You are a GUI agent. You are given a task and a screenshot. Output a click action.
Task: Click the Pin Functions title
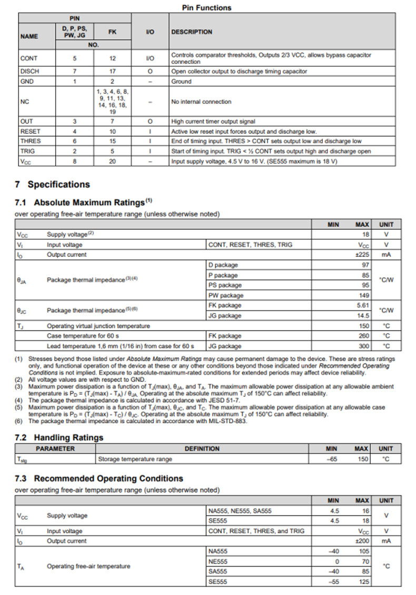tap(206, 7)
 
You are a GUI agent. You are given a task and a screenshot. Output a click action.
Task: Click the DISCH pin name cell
tap(29, 71)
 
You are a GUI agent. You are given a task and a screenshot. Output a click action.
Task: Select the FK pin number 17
tap(112, 71)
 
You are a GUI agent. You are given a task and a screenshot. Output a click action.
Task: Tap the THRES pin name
tap(31, 141)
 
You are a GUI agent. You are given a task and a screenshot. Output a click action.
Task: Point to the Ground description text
tap(181, 82)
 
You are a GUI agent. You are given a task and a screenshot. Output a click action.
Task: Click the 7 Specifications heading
tap(53, 184)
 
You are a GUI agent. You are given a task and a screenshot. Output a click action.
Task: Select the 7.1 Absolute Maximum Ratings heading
tap(85, 202)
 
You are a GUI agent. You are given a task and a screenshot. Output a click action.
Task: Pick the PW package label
tap(226, 296)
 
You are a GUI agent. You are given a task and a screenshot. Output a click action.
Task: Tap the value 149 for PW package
tap(364, 296)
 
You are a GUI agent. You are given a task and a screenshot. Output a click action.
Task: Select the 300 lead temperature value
tap(364, 346)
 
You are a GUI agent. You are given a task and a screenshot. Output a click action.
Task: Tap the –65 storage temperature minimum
tap(331, 459)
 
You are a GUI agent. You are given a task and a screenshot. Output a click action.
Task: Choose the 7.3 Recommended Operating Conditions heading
tap(100, 479)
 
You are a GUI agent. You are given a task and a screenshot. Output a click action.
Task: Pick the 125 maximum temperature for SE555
tap(364, 582)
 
